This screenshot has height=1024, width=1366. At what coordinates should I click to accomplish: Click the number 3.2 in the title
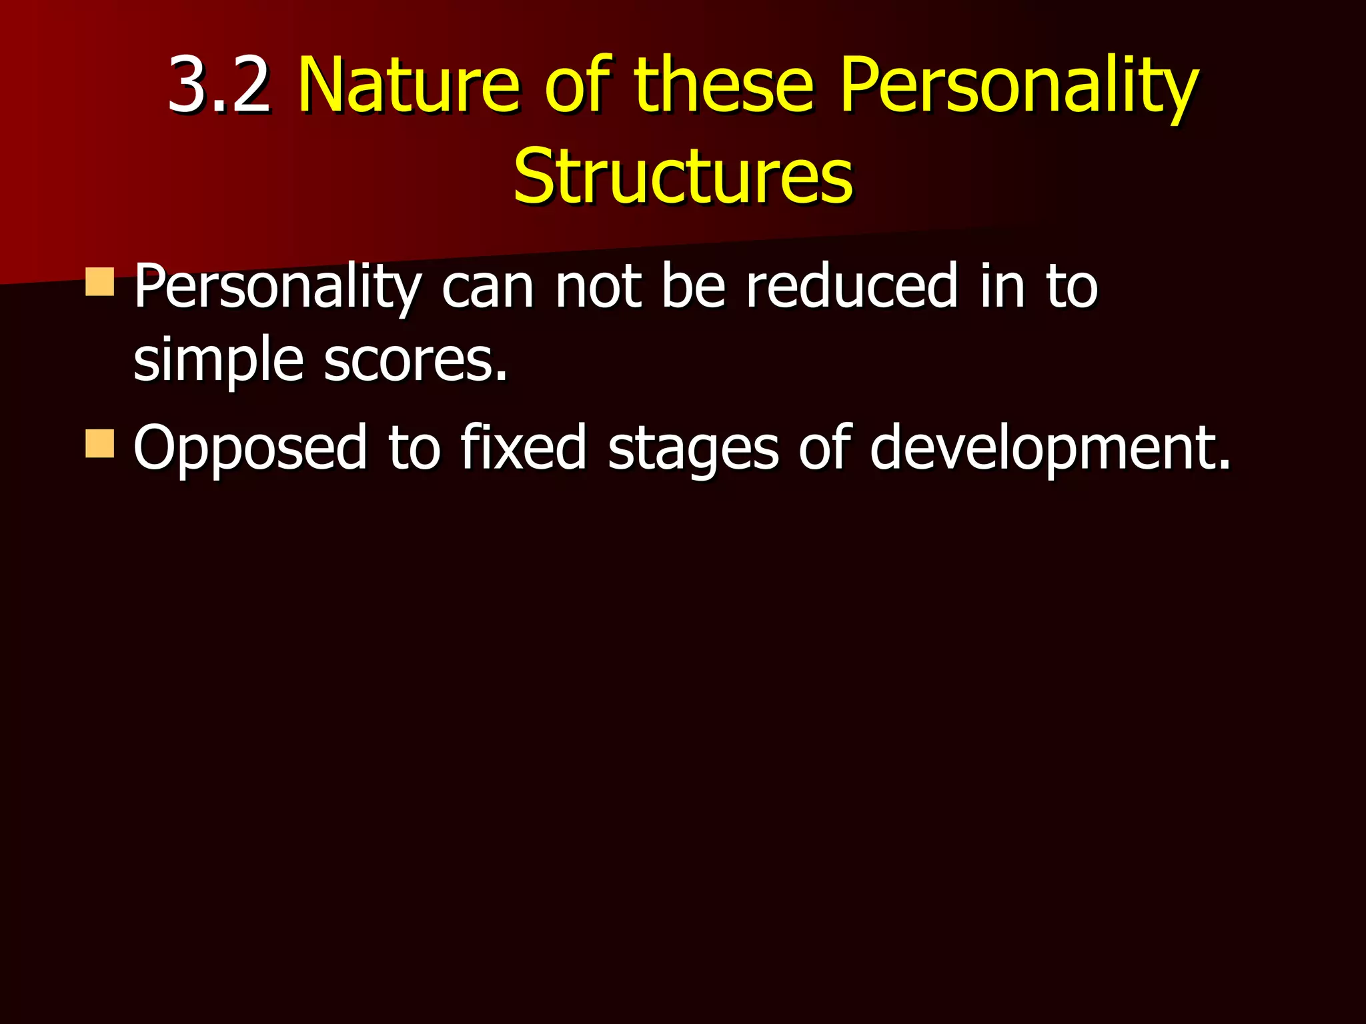click(219, 85)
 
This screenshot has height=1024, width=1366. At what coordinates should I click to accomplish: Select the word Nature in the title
click(408, 85)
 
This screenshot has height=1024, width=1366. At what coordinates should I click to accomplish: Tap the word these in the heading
click(723, 85)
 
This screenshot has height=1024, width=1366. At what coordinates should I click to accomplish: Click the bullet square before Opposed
click(100, 443)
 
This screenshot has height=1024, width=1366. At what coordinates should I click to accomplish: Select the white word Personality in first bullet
click(277, 288)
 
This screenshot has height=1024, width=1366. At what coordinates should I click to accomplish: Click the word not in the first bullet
click(598, 288)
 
